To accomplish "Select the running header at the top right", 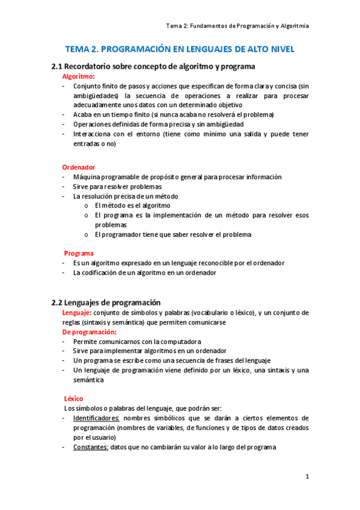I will [237, 26].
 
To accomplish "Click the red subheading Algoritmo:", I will [78, 76].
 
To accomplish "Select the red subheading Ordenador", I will [79, 167].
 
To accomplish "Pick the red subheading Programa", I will [79, 253].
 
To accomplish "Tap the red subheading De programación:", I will [90, 332].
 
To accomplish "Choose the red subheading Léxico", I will [74, 398].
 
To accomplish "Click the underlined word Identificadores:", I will [96, 418].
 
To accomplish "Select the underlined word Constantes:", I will [91, 447].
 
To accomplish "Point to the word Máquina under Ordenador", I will [85, 177].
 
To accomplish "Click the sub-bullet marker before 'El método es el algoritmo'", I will [87, 206].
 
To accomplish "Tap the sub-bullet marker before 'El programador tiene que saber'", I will [87, 235].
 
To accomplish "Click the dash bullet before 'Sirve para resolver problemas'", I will [64, 186].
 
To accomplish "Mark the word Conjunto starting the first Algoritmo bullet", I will [87, 86].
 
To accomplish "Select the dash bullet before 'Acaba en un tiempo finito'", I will [64, 115].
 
